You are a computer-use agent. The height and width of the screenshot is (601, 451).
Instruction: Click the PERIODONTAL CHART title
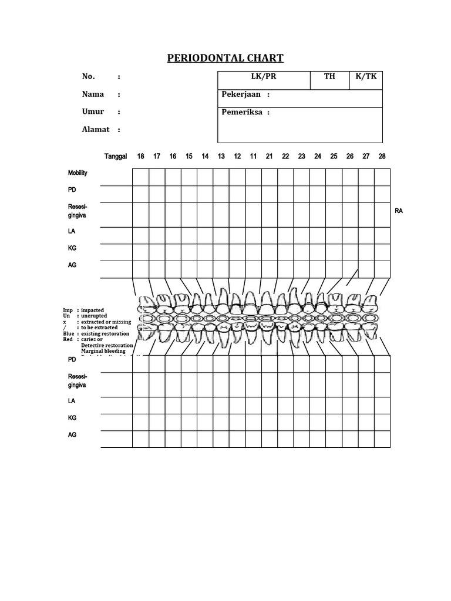coord(225,58)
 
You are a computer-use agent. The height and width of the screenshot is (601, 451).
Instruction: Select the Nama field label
coord(93,94)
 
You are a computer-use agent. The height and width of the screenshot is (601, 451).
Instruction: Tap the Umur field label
coord(93,112)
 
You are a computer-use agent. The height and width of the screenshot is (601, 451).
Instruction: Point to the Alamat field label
coord(95,129)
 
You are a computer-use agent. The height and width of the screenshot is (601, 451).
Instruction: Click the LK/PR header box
coord(264,77)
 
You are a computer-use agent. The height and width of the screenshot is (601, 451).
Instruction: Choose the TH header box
coord(329,77)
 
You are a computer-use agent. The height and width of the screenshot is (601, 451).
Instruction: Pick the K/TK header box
coord(366,77)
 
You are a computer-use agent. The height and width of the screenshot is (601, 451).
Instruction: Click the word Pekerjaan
coord(241,94)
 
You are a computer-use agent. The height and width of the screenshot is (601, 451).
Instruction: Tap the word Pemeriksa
coord(241,112)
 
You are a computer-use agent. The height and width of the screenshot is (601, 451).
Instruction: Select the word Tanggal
coord(116,157)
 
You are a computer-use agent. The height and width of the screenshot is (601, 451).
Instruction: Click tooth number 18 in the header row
coord(140,157)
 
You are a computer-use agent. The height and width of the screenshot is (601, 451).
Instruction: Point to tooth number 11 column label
coord(253,157)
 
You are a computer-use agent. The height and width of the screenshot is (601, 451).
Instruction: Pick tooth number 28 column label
coord(382,157)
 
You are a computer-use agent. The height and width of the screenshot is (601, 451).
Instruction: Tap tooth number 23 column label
coord(301,157)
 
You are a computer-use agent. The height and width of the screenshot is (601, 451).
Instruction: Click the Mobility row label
coord(78,173)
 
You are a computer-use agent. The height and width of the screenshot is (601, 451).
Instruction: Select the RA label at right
coord(399,210)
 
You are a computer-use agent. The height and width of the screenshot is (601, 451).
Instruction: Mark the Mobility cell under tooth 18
coord(140,177)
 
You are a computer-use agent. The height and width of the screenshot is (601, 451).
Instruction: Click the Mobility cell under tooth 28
coord(382,177)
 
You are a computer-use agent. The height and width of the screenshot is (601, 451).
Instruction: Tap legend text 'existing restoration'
coord(107,333)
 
